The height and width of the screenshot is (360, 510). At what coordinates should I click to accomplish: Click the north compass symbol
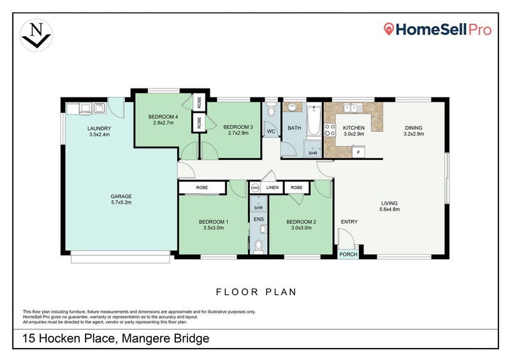(x=35, y=34)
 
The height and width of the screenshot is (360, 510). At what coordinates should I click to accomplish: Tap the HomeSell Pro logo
(x=437, y=29)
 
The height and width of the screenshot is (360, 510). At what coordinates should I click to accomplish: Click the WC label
(x=270, y=132)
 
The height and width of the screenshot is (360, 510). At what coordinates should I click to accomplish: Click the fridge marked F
(x=358, y=153)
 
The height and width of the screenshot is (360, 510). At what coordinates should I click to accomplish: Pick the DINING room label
(x=413, y=127)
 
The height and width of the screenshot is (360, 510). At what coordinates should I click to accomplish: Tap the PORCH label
(x=348, y=254)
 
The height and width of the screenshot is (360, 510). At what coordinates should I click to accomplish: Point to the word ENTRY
(x=349, y=222)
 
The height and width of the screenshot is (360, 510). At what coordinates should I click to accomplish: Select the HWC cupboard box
(x=255, y=188)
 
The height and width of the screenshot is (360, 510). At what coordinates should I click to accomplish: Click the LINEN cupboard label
(x=273, y=188)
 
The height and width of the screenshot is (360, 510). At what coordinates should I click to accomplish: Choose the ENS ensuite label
(x=259, y=220)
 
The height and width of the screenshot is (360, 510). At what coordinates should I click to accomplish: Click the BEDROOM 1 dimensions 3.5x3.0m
(x=214, y=227)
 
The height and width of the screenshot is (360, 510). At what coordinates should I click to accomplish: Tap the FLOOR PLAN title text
(x=256, y=292)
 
